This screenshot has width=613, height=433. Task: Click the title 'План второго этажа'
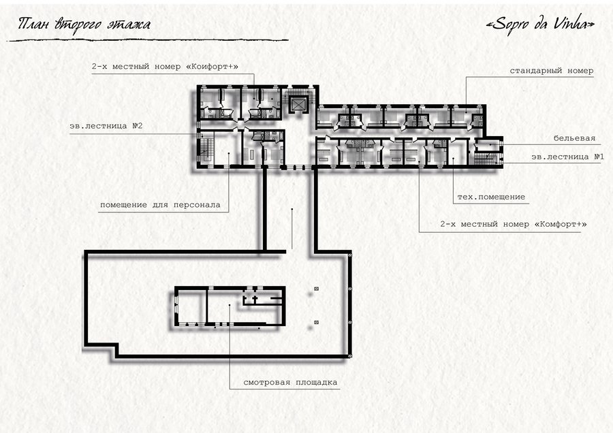coord(84,25)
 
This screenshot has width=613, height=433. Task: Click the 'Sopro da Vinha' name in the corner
coord(540,25)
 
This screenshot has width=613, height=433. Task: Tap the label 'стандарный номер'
coord(551,71)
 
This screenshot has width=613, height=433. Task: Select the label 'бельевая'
coord(574,138)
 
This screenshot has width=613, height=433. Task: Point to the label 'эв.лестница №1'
coord(567,157)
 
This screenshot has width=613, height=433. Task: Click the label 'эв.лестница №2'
coord(106,126)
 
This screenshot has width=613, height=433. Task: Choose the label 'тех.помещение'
coord(491,197)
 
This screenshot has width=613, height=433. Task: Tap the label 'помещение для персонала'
coord(160,205)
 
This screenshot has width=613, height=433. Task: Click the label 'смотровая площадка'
coord(290,382)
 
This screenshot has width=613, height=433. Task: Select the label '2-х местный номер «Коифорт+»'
coord(165,67)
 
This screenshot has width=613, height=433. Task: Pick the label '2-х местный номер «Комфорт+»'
coord(514,224)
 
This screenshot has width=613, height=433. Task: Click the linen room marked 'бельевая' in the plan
coord(487,144)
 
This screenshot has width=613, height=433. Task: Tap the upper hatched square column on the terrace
coord(316,289)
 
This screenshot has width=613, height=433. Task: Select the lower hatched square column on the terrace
coord(316,323)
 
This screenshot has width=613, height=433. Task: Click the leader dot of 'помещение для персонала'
coord(229,154)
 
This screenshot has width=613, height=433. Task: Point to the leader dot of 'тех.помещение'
coord(453,158)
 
